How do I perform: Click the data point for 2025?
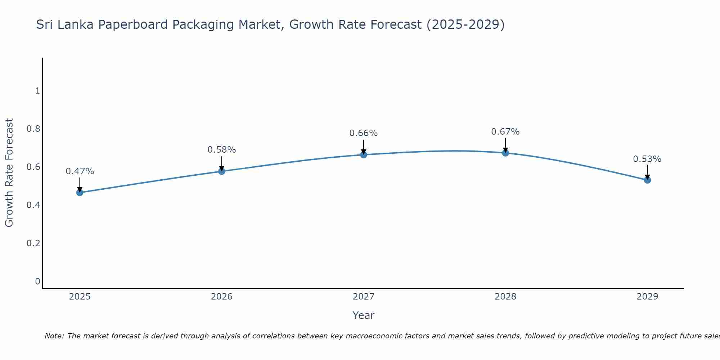(x=80, y=193)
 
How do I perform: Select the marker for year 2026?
(x=222, y=171)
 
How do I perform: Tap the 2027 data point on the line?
(x=364, y=155)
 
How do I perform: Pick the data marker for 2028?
(x=505, y=153)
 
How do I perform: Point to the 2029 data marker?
(x=647, y=180)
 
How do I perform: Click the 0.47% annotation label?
(x=80, y=171)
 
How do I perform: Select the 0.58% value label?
(x=222, y=150)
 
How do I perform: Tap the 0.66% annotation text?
(x=364, y=133)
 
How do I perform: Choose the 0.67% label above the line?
(x=505, y=132)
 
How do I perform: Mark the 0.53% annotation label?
(x=647, y=159)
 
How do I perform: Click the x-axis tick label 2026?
(x=222, y=297)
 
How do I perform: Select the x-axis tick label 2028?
(x=505, y=297)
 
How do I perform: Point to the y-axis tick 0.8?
(x=33, y=129)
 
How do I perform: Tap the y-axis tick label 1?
(x=37, y=91)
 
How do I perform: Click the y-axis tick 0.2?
(x=33, y=243)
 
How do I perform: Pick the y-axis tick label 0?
(x=37, y=282)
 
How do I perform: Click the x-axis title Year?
(x=364, y=315)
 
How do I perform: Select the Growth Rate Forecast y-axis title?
(x=9, y=173)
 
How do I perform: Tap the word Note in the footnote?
(x=54, y=336)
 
